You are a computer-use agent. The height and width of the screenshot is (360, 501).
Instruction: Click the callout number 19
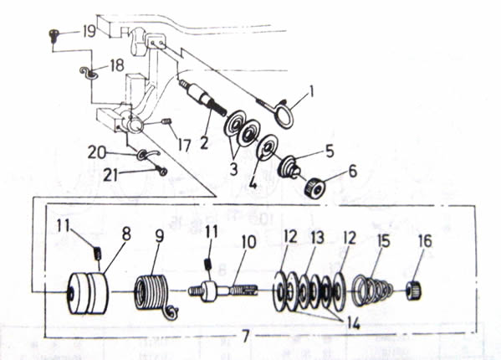coord(89,31)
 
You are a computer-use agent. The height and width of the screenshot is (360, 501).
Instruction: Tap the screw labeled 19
coord(54,34)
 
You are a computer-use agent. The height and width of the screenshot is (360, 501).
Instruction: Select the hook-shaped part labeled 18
coord(88,73)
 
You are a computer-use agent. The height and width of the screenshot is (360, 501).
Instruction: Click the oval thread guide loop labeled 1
coord(283,113)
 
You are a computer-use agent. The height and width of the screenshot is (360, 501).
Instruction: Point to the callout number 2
coord(204,141)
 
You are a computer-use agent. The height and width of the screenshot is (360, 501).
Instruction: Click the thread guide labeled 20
coord(146,155)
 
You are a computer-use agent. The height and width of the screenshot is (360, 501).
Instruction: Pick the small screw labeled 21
coord(162,171)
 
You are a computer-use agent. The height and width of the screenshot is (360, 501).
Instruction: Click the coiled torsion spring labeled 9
coord(154,296)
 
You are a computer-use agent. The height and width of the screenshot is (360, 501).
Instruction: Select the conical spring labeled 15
coord(371,290)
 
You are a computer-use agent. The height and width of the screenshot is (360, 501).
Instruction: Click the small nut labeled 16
coord(414,290)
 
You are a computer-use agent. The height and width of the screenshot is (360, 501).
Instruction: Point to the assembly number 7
coord(245,336)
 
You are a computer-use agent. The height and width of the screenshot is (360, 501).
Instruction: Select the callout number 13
coord(317,238)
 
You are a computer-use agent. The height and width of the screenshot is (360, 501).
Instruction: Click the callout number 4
coord(253,184)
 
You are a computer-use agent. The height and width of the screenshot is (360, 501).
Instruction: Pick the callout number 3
coord(233,169)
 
